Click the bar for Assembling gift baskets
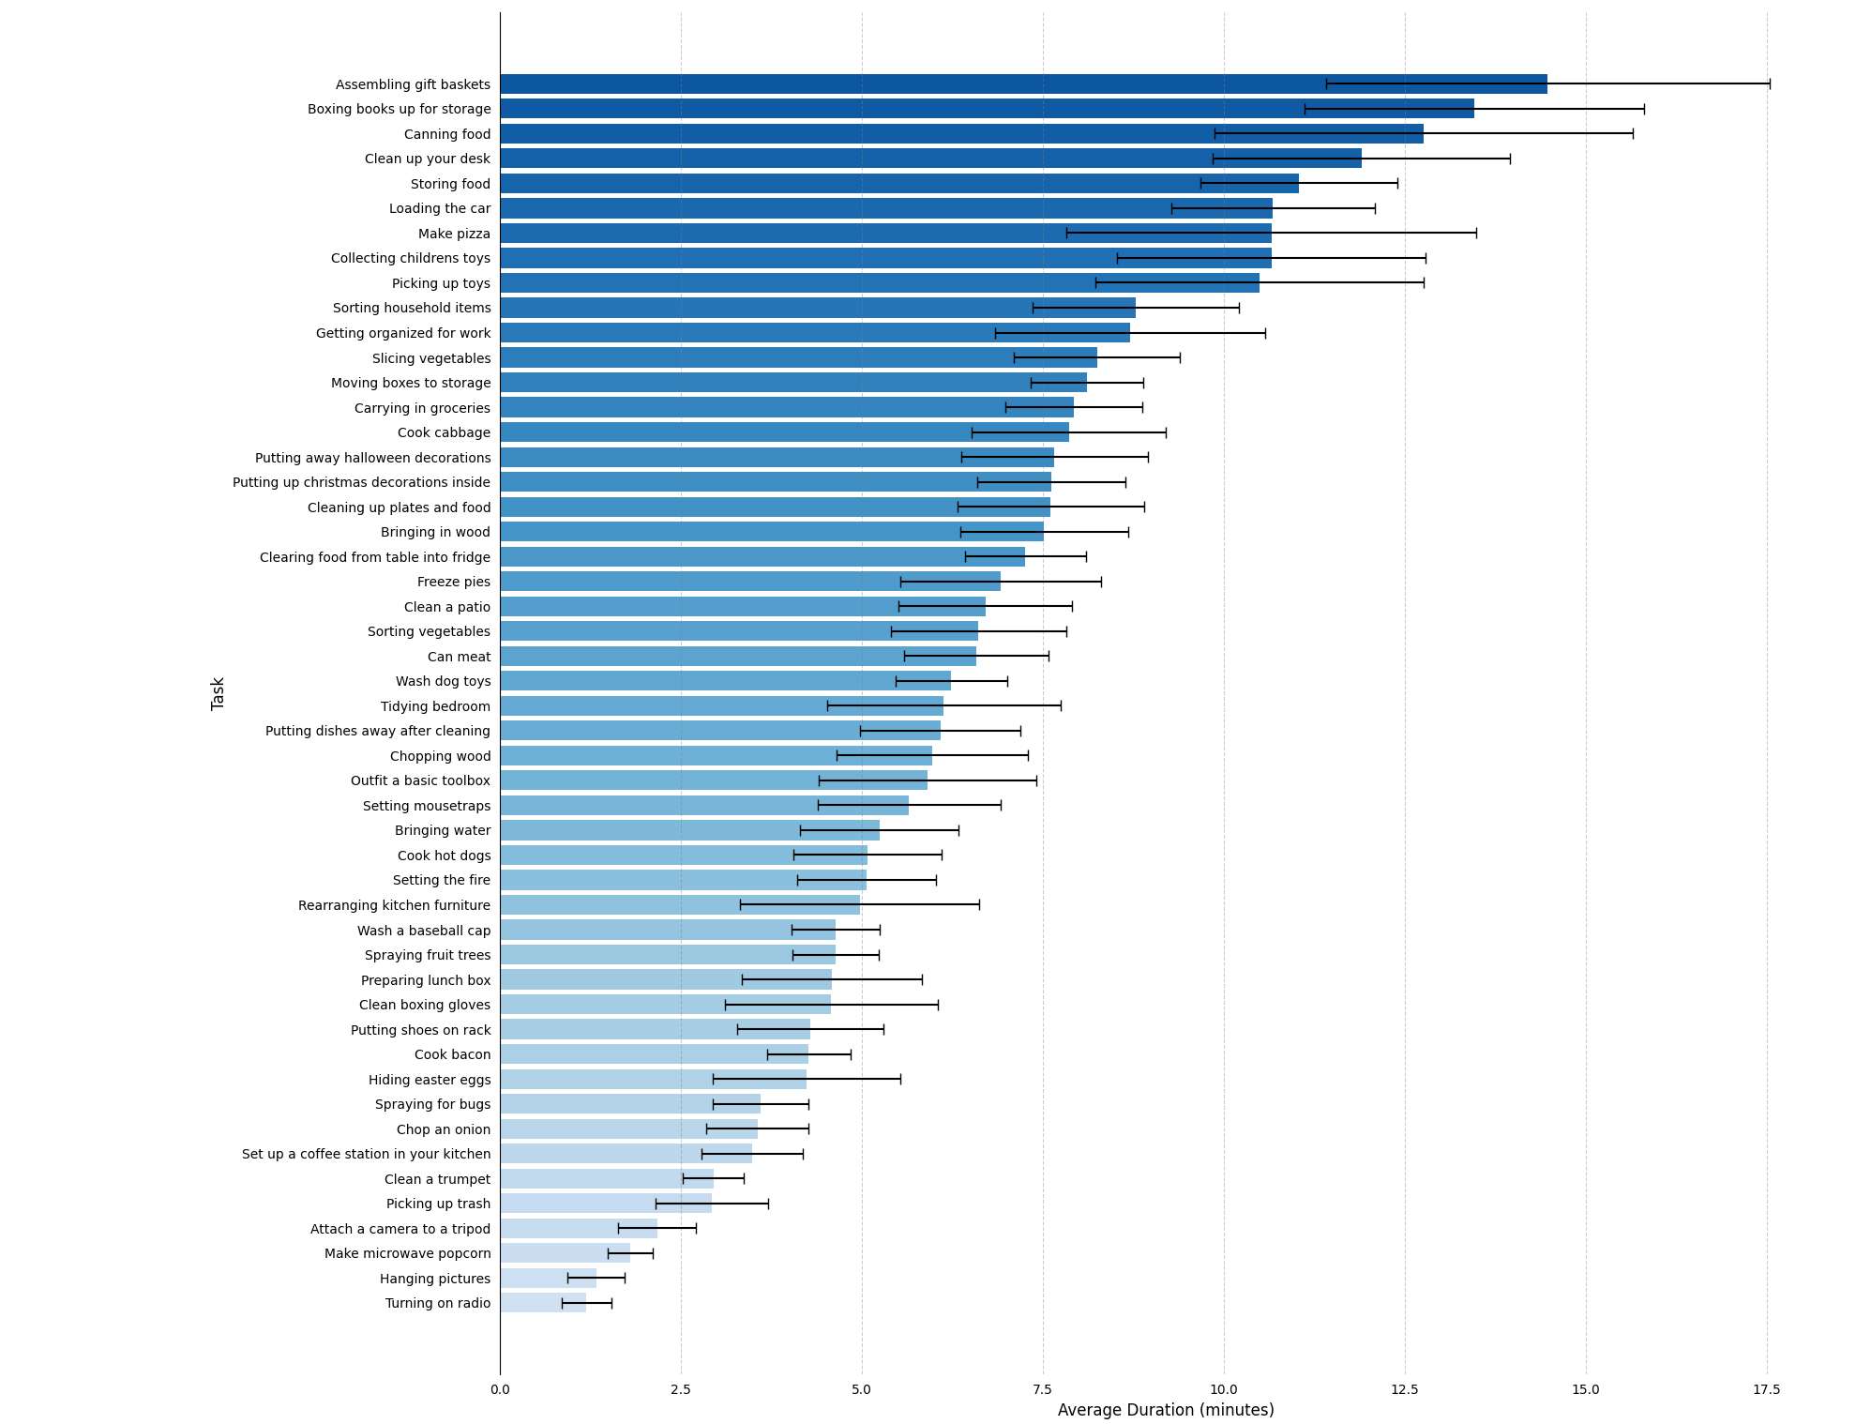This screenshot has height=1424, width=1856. [1022, 84]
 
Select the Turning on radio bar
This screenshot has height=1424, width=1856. [543, 1303]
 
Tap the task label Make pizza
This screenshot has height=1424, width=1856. [454, 234]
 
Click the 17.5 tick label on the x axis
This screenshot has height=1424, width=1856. [1766, 1389]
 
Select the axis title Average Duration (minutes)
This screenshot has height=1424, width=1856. [1165, 1410]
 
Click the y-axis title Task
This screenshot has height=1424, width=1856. [218, 693]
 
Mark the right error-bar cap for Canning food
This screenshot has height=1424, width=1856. [1633, 134]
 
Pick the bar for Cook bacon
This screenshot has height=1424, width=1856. [654, 1054]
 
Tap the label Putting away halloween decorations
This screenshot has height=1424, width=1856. [372, 458]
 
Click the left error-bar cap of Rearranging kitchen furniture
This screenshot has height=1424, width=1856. [740, 905]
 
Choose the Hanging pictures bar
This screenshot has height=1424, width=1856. [548, 1279]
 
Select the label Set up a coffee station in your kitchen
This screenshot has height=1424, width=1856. [366, 1154]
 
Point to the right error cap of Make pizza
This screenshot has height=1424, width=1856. [1476, 234]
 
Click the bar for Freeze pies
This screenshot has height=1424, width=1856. [749, 582]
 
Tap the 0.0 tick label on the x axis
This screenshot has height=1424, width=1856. [500, 1389]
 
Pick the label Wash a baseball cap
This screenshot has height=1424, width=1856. [423, 931]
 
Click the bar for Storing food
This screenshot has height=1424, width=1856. [898, 184]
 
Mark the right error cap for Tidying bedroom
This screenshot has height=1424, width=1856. [1061, 706]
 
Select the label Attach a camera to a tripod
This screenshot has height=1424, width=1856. [400, 1229]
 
